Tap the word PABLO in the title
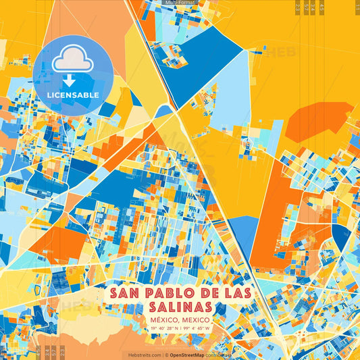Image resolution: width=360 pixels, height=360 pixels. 165,292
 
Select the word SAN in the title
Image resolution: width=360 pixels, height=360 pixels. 126,292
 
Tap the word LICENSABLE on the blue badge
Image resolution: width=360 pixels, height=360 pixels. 74,95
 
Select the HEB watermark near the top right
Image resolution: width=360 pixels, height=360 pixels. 279,51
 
